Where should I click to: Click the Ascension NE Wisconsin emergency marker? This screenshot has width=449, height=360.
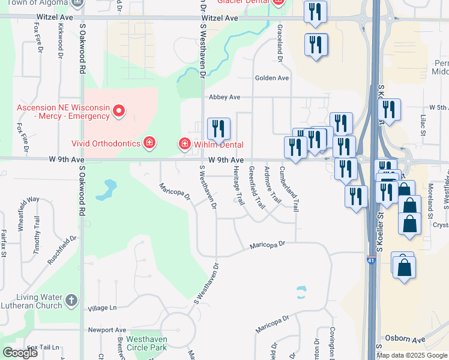119,110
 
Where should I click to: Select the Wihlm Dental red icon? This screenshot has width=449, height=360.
185,144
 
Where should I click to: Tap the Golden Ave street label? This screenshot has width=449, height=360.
272,78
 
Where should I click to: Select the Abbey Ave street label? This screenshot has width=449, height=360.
224,97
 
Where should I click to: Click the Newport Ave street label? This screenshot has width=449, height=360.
107,330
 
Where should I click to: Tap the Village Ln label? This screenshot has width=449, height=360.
102,308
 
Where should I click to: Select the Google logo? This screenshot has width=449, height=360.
20,353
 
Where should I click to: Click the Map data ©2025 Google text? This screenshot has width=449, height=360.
412,355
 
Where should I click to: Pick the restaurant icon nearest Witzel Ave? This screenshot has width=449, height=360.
315,12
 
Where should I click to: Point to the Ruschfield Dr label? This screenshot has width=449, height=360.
66,246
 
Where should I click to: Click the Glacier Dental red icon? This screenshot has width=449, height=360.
277,2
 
